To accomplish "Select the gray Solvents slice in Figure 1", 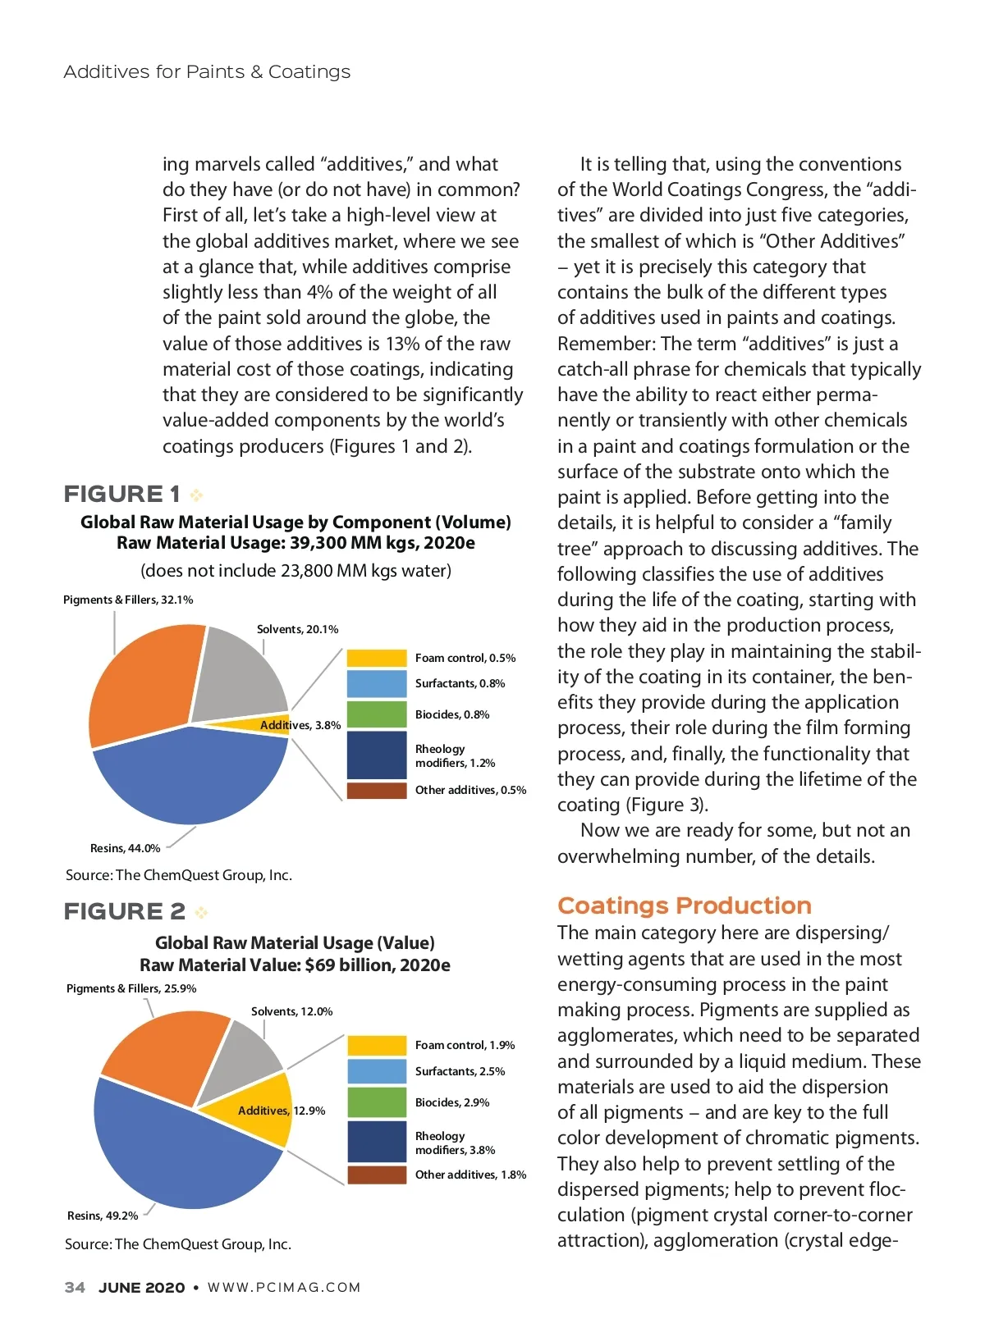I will (x=238, y=673).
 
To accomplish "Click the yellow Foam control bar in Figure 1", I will (x=376, y=658).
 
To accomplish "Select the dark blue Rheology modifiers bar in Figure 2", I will (x=376, y=1142).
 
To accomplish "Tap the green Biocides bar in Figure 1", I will (x=376, y=714).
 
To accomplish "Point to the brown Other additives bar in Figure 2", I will (x=376, y=1175).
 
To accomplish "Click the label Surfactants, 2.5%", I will (x=460, y=1071).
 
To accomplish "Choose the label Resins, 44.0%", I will (x=125, y=848).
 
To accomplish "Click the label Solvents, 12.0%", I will (x=291, y=1011).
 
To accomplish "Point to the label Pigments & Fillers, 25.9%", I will (x=131, y=988).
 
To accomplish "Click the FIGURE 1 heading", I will (x=122, y=494).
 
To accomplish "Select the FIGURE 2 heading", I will (x=125, y=911).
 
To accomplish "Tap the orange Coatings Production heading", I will (x=684, y=906).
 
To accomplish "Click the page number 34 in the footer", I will (x=75, y=1287).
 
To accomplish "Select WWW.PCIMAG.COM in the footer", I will (x=284, y=1287).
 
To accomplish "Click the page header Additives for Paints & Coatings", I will (x=207, y=72).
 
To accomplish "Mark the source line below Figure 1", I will (x=179, y=875).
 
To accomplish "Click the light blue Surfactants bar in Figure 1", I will (x=376, y=683).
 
